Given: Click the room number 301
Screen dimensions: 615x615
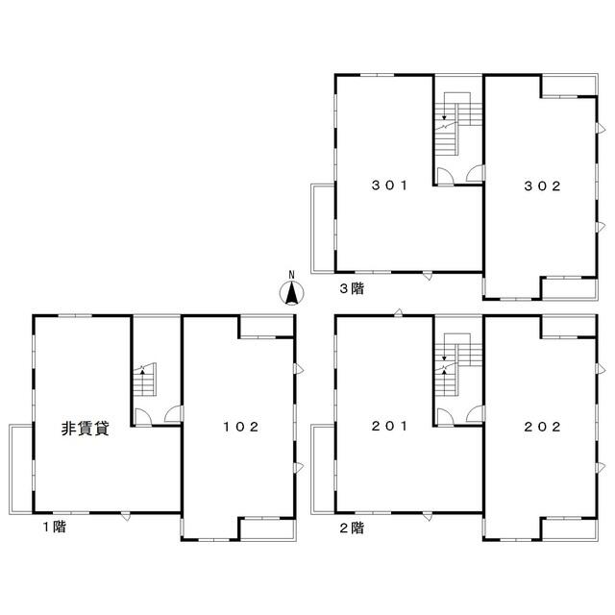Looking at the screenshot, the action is (389, 185).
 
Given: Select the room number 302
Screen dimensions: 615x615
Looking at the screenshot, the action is (542, 185).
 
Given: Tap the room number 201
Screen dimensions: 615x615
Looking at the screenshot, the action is (389, 426).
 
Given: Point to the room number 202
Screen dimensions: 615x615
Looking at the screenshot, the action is (542, 427).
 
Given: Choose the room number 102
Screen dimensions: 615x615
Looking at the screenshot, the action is (241, 427).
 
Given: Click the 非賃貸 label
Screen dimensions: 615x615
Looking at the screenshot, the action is (86, 429).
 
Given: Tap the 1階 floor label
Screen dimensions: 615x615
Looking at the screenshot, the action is (55, 527).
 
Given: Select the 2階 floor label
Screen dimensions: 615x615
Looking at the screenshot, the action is (352, 528).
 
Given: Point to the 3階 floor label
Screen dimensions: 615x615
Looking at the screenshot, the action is (352, 288).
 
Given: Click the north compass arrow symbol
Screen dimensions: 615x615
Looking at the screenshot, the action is (291, 293).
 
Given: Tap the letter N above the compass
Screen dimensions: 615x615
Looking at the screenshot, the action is (291, 275).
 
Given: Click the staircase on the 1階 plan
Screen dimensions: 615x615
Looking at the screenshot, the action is (145, 380).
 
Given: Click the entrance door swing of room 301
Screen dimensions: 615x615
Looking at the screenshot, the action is (445, 176).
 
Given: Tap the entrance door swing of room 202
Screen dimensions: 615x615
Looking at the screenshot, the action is (476, 414).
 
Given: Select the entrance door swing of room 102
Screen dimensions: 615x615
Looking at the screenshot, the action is (173, 414).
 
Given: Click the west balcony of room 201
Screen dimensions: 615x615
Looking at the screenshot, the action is (323, 469).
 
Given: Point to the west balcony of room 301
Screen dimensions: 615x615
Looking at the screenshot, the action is (323, 229).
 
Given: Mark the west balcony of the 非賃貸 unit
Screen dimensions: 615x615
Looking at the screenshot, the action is (21, 469).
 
